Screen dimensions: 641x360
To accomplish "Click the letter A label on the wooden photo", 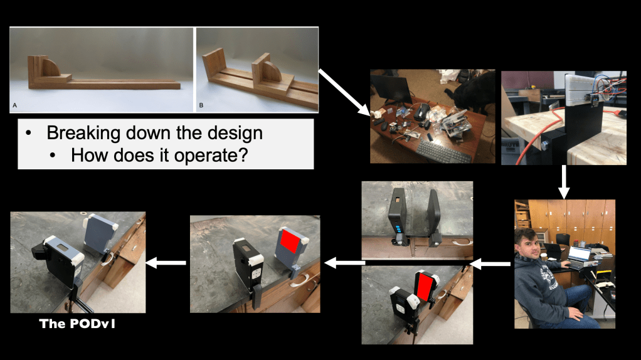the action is point(14,105).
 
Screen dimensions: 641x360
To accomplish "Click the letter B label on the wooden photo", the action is point(201,105).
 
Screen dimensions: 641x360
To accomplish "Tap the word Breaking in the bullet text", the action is point(83,134).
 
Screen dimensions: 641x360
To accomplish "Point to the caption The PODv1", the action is point(77,324).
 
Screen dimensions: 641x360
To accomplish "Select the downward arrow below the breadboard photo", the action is point(564,182).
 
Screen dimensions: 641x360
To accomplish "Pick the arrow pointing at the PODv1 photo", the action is point(166,263).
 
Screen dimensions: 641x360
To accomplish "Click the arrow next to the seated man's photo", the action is point(490,264).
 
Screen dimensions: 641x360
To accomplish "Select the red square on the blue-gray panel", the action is point(289,241).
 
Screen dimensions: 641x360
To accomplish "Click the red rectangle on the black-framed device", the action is point(425,287).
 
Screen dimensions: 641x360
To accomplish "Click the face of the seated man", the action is point(526,244).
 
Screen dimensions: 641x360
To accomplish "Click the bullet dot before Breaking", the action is point(28,133).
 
